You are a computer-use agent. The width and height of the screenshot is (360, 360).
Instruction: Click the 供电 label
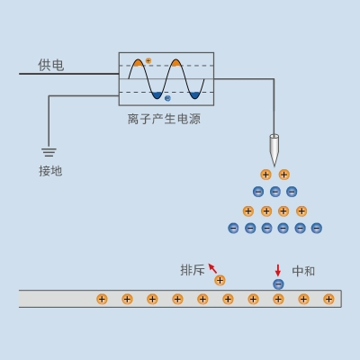50,65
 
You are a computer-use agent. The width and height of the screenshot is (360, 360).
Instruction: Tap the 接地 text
50,170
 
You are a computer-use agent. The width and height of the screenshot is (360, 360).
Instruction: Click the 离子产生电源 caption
165,118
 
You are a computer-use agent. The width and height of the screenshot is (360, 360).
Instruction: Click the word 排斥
193,270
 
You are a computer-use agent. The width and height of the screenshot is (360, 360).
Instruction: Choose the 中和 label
304,270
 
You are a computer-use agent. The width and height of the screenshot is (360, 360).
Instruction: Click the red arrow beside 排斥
212,267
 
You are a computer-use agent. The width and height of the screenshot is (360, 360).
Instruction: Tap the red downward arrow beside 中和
278,269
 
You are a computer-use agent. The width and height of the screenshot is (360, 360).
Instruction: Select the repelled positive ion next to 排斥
220,281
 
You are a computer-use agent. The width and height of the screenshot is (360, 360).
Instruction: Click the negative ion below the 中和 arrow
278,284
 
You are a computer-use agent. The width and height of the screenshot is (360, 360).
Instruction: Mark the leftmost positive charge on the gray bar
102,299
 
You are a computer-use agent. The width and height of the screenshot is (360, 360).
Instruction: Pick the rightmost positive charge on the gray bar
328,299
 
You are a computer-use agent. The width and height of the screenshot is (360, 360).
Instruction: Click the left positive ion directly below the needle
265,175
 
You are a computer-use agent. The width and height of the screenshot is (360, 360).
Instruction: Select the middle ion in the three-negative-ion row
274,192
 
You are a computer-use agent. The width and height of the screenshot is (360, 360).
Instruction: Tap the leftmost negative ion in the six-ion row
233,228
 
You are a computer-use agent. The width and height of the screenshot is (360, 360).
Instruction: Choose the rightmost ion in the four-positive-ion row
301,211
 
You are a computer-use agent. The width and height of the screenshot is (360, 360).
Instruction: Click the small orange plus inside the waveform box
148,60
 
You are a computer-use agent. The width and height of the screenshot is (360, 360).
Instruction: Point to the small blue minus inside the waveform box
166,98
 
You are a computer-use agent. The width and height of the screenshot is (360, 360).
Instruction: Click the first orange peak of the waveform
138,63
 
